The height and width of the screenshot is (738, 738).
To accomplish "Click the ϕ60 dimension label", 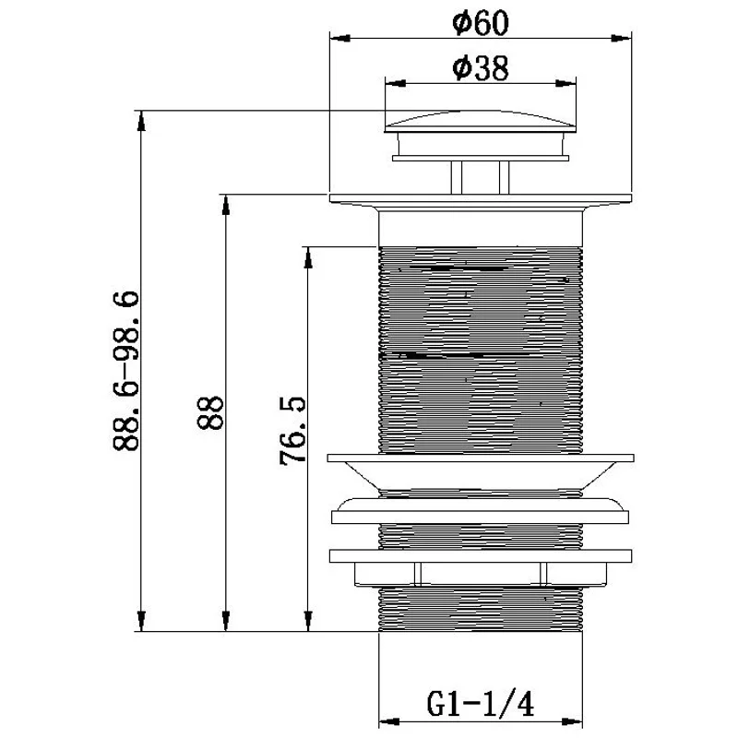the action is pyautogui.click(x=480, y=22).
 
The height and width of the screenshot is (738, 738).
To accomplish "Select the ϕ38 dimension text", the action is pyautogui.click(x=480, y=68).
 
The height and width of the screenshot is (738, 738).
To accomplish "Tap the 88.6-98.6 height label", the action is pyautogui.click(x=126, y=371).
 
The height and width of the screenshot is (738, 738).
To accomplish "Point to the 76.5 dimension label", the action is pyautogui.click(x=292, y=431).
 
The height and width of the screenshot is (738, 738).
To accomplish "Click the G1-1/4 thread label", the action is pyautogui.click(x=481, y=704).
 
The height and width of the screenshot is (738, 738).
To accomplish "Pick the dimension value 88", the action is pyautogui.click(x=210, y=412).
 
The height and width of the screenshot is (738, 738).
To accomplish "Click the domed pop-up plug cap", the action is pyautogui.click(x=480, y=122).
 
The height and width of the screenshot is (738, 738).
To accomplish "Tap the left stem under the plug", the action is pyautogui.click(x=456, y=177).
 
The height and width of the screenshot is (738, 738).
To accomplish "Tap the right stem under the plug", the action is pyautogui.click(x=504, y=177).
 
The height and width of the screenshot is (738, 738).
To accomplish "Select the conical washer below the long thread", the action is pyautogui.click(x=481, y=471).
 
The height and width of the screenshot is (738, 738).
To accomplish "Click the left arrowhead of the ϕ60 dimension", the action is pyautogui.click(x=339, y=38).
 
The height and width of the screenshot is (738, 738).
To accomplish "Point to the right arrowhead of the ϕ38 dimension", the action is pyautogui.click(x=565, y=84).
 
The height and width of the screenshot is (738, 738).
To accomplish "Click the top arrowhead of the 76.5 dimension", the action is pyautogui.click(x=308, y=257).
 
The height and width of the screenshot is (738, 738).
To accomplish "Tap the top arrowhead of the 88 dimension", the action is pyautogui.click(x=225, y=205).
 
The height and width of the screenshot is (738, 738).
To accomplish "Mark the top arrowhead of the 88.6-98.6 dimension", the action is pyautogui.click(x=140, y=121).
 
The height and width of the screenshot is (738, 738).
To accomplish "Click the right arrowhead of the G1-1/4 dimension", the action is pyautogui.click(x=572, y=721).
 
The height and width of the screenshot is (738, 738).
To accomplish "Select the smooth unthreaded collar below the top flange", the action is pyautogui.click(x=481, y=229).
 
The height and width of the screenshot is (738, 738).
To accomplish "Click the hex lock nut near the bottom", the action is pyautogui.click(x=481, y=567).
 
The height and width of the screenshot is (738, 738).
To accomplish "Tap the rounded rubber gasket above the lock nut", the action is pyautogui.click(x=481, y=511).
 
